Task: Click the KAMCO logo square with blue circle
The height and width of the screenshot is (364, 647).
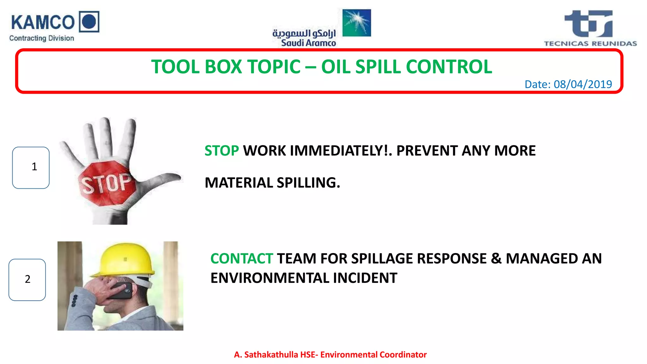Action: tap(89, 21)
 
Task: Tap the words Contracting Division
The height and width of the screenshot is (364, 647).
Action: tap(41, 38)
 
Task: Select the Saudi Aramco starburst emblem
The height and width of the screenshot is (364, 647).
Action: tap(357, 23)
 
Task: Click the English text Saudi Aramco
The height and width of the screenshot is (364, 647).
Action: tap(308, 43)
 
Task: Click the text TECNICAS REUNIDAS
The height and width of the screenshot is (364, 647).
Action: tap(590, 44)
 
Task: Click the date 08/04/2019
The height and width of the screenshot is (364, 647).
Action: tap(583, 84)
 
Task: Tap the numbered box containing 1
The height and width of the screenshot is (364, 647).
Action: tap(31, 167)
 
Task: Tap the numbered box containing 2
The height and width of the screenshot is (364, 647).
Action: tap(27, 280)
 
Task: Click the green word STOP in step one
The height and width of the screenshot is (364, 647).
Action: tap(221, 151)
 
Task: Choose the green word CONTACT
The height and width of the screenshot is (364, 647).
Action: tap(242, 258)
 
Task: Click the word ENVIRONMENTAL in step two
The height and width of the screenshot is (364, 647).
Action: tap(270, 278)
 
